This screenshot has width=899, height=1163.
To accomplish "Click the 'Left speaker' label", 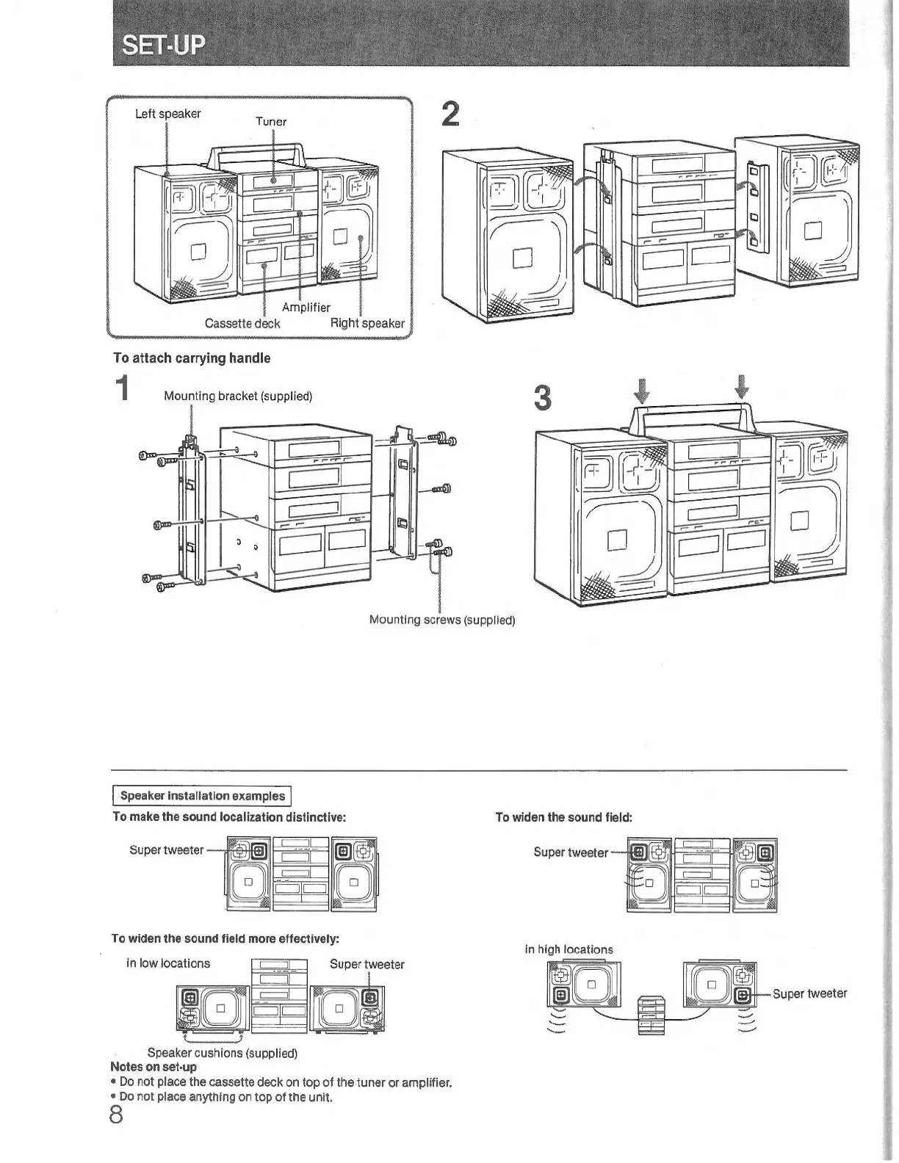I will tap(167, 114).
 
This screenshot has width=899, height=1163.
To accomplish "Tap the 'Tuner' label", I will tap(270, 122).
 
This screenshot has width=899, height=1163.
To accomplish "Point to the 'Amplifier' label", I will tap(306, 308).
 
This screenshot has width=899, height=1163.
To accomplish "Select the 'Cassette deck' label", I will tap(242, 323).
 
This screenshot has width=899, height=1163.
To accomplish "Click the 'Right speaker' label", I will tap(367, 323).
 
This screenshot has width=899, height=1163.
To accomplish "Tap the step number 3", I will tap(542, 398).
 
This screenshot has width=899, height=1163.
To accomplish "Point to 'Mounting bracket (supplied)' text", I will tap(238, 396).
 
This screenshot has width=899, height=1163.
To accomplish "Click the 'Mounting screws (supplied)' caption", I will tap(441, 620).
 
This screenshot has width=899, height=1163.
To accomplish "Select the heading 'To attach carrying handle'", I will tap(191, 358).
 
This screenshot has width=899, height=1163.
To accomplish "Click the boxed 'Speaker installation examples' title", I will tap(202, 796).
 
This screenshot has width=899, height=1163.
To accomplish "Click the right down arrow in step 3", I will tap(742, 385).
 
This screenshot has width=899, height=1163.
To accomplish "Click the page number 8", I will tap(116, 1115).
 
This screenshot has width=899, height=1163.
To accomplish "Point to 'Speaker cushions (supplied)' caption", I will tap(222, 1053).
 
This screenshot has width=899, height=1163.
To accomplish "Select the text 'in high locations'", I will tap(568, 949).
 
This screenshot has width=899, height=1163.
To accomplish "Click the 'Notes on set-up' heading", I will tap(153, 1067).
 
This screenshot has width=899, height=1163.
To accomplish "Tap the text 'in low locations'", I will tap(168, 963).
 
